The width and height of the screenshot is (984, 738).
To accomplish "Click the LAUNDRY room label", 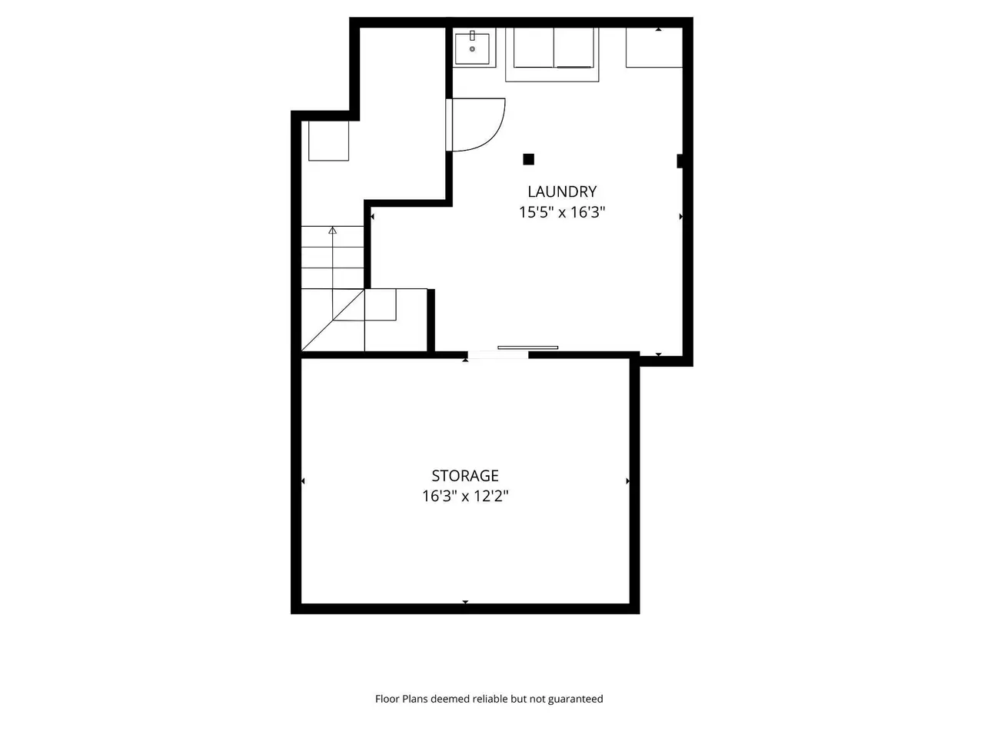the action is click(x=562, y=191).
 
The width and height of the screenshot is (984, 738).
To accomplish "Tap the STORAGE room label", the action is click(x=465, y=475).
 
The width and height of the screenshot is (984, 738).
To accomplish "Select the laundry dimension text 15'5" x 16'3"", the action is click(x=562, y=212).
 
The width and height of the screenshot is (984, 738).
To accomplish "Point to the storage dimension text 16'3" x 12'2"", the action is click(x=465, y=496).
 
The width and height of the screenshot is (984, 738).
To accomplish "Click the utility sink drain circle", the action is click(x=472, y=49).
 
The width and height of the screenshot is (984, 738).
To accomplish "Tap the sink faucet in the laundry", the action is click(x=472, y=36).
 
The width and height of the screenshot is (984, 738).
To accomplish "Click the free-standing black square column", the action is click(x=529, y=159).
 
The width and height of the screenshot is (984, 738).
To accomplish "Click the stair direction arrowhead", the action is click(x=332, y=231).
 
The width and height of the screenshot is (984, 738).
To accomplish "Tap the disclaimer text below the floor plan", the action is click(x=489, y=699).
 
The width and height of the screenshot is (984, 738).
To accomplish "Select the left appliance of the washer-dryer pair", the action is click(x=534, y=48).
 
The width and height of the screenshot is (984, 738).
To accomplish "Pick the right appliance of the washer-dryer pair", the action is click(x=573, y=48).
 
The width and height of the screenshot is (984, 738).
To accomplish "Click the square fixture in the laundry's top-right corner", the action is click(x=654, y=48).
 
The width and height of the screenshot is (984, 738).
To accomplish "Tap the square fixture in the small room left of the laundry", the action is click(x=328, y=141).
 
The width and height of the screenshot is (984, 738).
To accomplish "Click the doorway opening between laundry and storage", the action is click(x=498, y=355).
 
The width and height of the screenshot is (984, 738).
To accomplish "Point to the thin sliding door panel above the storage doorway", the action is click(x=527, y=347).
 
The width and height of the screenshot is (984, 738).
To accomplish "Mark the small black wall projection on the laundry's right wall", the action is click(x=680, y=161).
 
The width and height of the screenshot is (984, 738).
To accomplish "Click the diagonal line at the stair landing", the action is click(x=333, y=320).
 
